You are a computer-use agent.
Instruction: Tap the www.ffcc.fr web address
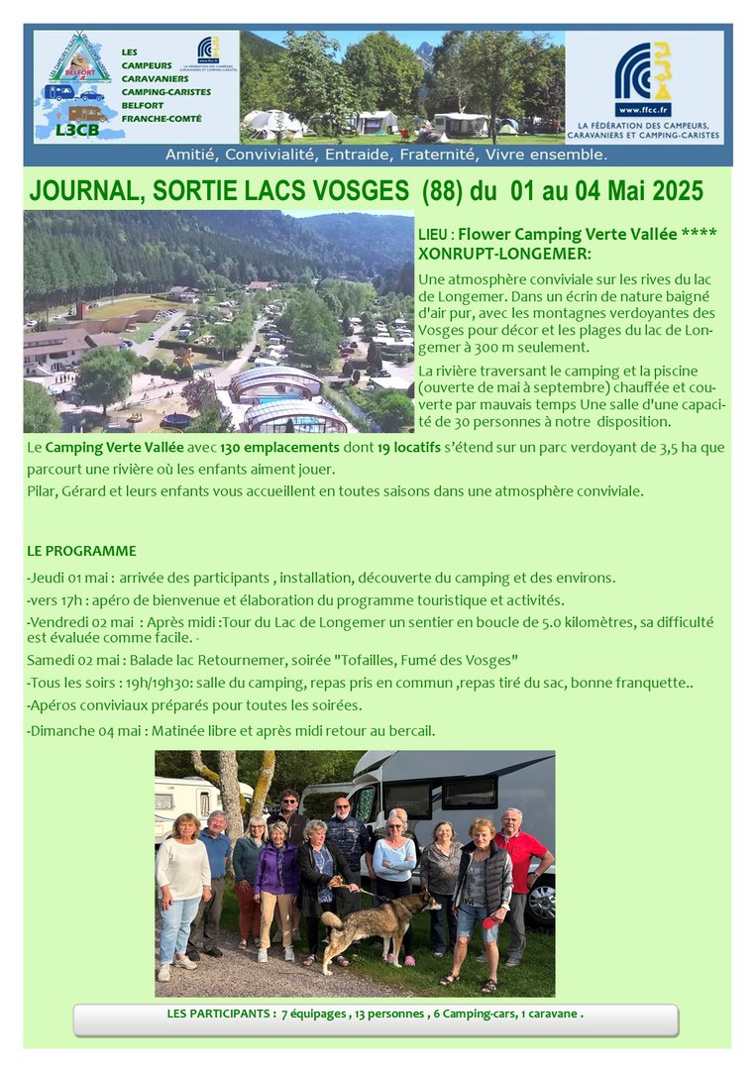click(643, 110)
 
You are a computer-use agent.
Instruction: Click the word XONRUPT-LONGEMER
click(504, 254)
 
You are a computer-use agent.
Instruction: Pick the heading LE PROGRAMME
click(81, 551)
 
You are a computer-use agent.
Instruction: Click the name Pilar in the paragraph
click(44, 491)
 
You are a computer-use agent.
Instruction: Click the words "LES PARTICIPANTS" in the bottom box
click(221, 1015)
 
